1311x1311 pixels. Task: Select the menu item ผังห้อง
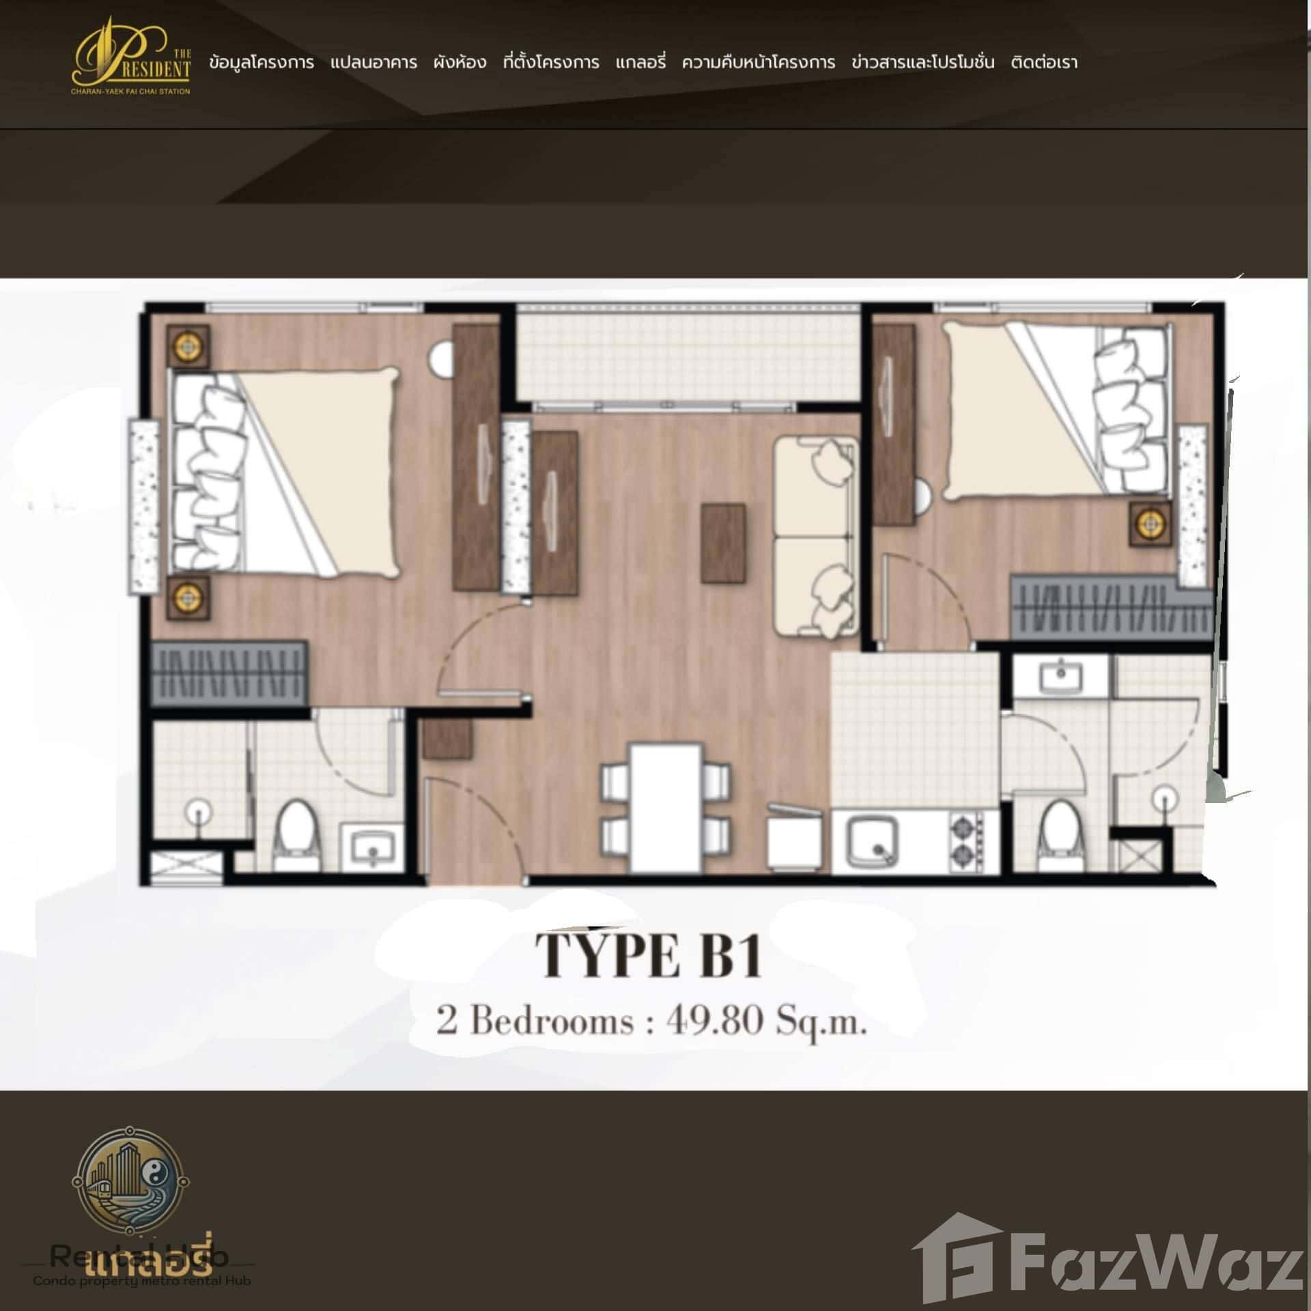pyautogui.click(x=460, y=63)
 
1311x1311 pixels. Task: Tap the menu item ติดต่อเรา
pyautogui.click(x=1044, y=63)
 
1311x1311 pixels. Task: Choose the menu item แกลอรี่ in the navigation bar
pyautogui.click(x=640, y=63)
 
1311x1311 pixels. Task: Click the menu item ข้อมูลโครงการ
pyautogui.click(x=262, y=63)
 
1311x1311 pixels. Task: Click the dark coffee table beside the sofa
pyautogui.click(x=723, y=543)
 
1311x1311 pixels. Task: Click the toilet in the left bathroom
pyautogui.click(x=296, y=836)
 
